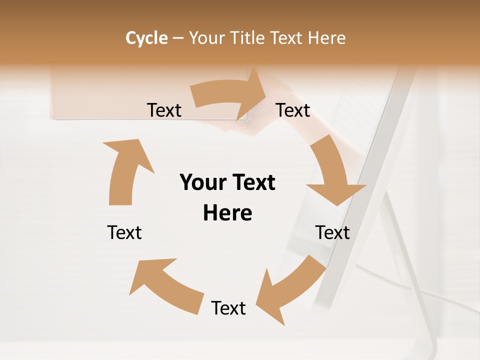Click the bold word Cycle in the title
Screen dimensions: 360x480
click(x=146, y=38)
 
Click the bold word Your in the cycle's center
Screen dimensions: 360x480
click(x=203, y=183)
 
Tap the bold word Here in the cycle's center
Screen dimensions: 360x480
click(x=227, y=213)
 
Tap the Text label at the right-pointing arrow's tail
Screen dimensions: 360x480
click(x=164, y=110)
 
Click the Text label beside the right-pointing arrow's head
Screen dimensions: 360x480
click(x=293, y=110)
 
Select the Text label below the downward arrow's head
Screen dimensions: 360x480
click(x=332, y=232)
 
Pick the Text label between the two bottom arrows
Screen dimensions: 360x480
click(x=228, y=308)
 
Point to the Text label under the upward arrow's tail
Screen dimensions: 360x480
click(x=124, y=232)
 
